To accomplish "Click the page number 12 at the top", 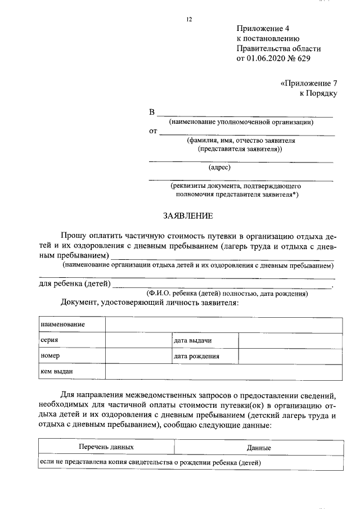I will [189, 20].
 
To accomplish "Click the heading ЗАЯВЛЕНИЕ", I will [188, 215].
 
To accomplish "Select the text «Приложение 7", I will [308, 83].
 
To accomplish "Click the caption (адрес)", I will [220, 167].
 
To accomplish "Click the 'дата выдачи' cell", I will [192, 341].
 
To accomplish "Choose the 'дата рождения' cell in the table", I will [196, 357].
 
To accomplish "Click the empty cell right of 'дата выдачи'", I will [290, 341].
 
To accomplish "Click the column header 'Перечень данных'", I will [106, 447].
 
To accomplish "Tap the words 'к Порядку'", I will [318, 93].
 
